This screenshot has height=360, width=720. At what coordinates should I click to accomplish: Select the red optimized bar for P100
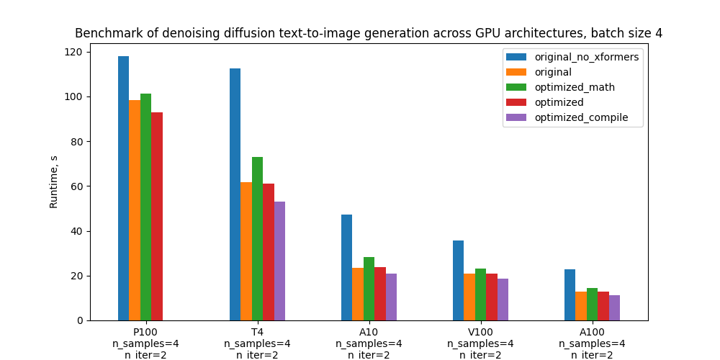pos(157,216)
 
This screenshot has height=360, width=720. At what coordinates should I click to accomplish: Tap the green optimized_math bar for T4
pos(257,238)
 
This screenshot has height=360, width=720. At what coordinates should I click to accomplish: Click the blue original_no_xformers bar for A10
pos(346,267)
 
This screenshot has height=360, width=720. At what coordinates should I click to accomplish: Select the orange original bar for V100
pos(469,297)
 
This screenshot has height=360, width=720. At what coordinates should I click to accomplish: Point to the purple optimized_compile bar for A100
pos(614,307)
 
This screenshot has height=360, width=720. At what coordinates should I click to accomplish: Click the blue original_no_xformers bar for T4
pos(235,194)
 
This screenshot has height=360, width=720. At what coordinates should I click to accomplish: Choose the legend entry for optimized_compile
pos(581,117)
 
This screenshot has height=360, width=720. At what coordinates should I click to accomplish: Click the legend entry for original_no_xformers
pos(586,57)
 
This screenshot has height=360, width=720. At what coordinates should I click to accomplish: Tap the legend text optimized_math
pos(575,87)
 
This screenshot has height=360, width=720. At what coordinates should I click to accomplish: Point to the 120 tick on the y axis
pos(73,52)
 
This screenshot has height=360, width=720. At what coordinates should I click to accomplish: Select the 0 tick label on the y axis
pos(78,320)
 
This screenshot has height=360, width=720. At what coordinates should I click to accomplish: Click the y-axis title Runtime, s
pos(54,181)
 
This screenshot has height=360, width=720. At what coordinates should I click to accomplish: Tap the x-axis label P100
pos(145,332)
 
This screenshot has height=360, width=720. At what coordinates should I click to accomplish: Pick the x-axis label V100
pos(480,332)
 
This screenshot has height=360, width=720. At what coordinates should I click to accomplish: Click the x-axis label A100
pos(592,332)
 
